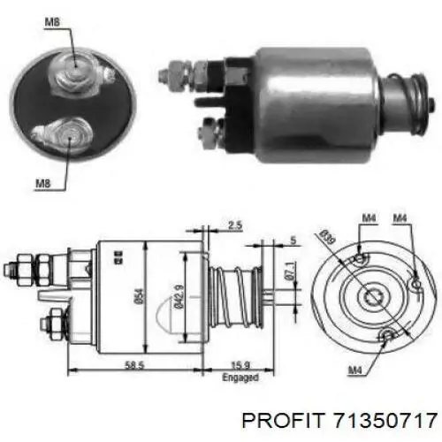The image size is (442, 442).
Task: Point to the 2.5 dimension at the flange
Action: pyautogui.click(x=233, y=225)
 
